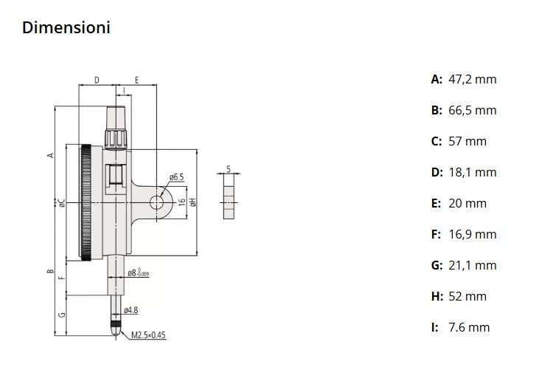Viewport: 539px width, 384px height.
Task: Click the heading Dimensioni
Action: point(66,28)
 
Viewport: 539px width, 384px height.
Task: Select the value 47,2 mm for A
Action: point(473,79)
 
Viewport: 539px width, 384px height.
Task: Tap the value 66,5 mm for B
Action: point(473,110)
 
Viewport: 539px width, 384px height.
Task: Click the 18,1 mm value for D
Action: point(473,172)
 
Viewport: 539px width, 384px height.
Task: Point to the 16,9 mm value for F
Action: point(473,234)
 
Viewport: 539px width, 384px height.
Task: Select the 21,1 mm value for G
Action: point(473,265)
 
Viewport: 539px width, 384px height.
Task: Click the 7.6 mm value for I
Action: point(469,327)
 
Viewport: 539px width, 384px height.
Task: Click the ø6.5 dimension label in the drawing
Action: point(176,177)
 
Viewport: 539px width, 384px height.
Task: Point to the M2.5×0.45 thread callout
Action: point(149,335)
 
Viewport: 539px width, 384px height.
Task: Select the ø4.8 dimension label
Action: point(131,309)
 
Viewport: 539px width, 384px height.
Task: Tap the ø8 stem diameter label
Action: point(138,272)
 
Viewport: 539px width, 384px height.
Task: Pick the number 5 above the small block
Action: point(229,169)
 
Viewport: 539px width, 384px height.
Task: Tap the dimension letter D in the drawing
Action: point(97,80)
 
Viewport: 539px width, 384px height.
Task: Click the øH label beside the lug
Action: point(191,202)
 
